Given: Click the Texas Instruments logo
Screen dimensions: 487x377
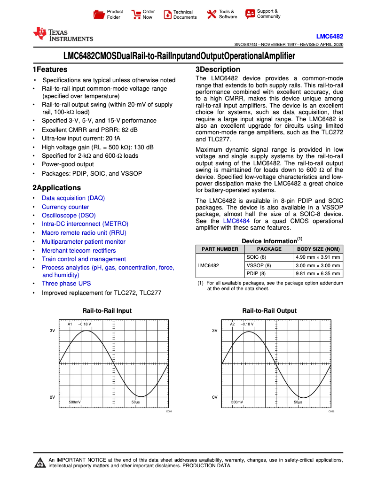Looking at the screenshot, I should (63, 34).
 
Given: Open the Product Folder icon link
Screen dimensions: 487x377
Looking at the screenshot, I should (99, 15).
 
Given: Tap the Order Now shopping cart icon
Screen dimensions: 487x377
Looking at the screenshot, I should (136, 15).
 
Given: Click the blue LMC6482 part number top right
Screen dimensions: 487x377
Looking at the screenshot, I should (329, 36).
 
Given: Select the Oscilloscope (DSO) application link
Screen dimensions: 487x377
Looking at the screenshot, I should (69, 216).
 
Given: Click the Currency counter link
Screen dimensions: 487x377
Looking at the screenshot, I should (65, 207).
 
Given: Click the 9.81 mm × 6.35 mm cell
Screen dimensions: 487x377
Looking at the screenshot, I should (317, 274).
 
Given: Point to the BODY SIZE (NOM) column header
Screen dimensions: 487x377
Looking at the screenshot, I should (318, 249).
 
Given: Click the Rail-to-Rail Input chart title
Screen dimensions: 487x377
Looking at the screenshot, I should (107, 311).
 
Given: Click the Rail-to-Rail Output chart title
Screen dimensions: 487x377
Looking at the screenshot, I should (269, 311).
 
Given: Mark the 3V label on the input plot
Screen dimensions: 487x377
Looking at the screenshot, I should (53, 331).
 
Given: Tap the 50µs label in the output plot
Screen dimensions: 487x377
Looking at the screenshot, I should (298, 402).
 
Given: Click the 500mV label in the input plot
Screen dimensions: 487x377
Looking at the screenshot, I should (74, 402).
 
